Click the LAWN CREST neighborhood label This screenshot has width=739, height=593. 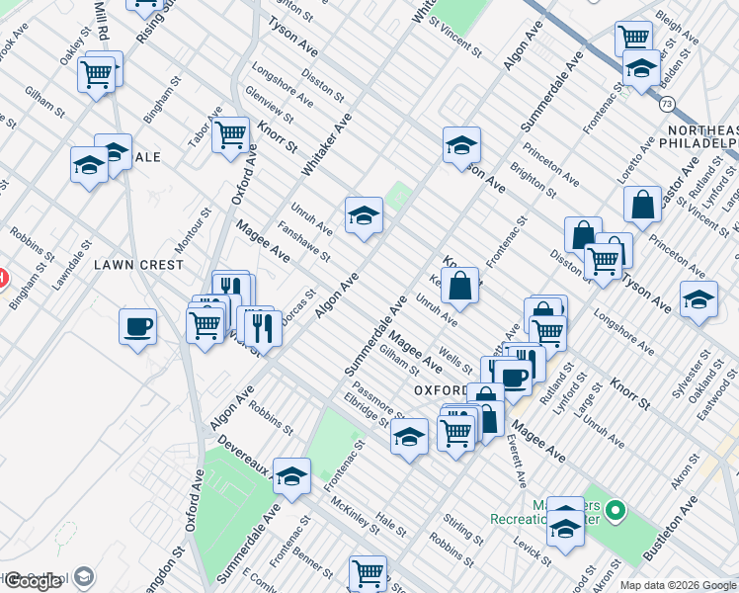pyautogui.click(x=138, y=265)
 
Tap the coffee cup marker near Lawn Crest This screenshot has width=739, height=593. pyautogui.click(x=137, y=325)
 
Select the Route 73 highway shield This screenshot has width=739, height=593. pyautogui.click(x=668, y=103)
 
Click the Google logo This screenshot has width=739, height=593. pyautogui.click(x=33, y=581)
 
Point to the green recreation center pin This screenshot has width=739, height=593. pyautogui.click(x=616, y=511)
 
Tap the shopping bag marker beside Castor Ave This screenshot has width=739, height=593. pyautogui.click(x=642, y=205)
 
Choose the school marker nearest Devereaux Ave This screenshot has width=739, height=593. pyautogui.click(x=291, y=475)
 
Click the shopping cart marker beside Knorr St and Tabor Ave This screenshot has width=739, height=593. pyautogui.click(x=230, y=134)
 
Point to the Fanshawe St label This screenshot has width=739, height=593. pyautogui.click(x=304, y=241)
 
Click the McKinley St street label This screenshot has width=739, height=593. pyautogui.click(x=356, y=514)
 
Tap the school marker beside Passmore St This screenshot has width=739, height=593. pyautogui.click(x=408, y=436)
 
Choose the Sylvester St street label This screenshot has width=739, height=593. pyautogui.click(x=692, y=377)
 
